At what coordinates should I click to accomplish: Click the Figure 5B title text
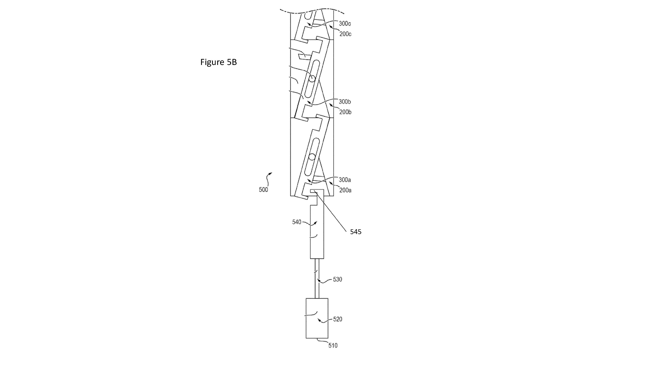click(x=219, y=62)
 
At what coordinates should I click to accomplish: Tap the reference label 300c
click(x=345, y=24)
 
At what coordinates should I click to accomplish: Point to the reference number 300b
click(x=345, y=102)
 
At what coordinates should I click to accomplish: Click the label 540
click(x=297, y=222)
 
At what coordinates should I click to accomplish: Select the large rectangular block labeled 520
click(x=317, y=318)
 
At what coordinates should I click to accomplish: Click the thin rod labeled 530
click(x=317, y=278)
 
